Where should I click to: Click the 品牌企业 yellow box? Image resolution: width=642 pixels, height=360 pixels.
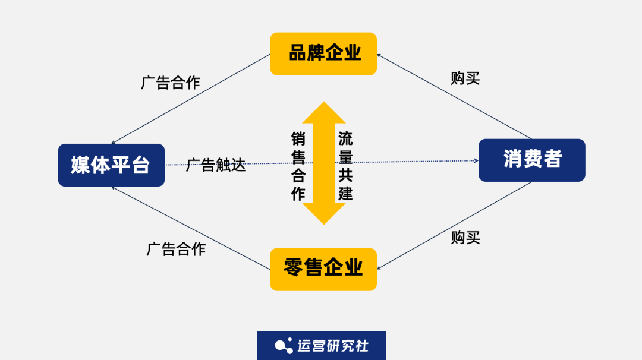323,53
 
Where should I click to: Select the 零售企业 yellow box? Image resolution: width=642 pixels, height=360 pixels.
323,269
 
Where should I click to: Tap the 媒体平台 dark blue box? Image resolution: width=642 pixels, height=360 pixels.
111,165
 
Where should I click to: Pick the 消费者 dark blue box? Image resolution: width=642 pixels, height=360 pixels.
532,160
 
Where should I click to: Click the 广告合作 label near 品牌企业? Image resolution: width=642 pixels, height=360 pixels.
171,83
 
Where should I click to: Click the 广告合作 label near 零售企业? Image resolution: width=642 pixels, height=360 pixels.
176,249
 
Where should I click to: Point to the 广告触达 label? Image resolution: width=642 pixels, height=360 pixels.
216,165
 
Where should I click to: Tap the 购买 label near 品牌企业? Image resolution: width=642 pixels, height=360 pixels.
465,78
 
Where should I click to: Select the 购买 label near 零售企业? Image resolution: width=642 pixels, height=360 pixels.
465,238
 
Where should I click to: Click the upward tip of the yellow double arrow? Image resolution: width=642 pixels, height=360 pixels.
323,105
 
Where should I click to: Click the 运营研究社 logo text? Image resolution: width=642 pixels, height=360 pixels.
333,346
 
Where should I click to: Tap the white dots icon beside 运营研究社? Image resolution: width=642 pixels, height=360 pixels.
284,346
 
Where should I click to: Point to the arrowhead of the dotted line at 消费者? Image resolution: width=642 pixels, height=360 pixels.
476,160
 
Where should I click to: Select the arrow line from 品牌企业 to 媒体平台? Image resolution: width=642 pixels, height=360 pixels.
190,99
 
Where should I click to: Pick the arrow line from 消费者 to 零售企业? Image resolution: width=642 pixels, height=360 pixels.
455,225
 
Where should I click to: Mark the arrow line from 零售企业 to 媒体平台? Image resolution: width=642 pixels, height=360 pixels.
190,227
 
